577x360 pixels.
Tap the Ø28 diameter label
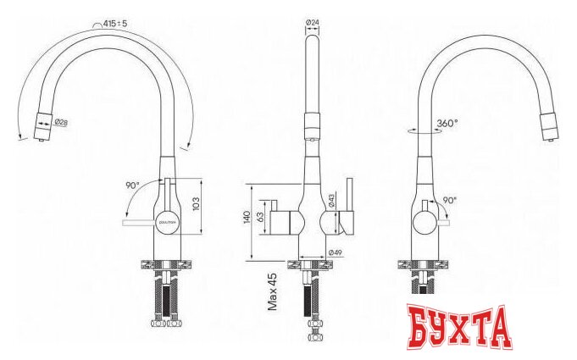coord(61,123)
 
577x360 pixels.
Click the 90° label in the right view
coord(449,200)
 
